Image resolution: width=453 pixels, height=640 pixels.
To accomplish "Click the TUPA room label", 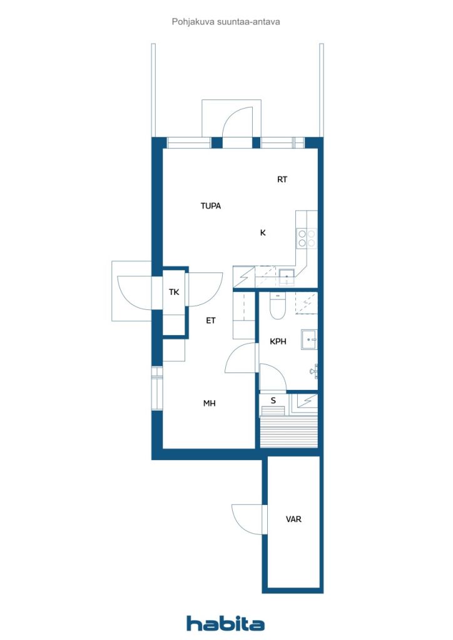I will click(211, 206).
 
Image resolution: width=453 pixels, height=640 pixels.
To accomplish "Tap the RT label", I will click(282, 179).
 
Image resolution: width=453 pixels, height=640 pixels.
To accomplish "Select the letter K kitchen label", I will click(263, 232).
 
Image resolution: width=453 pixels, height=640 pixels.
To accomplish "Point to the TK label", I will click(175, 292).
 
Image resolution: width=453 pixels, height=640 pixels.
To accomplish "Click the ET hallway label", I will click(211, 321).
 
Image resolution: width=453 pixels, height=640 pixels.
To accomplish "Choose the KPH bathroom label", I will click(278, 342).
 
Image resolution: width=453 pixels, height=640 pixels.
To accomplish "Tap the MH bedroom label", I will click(209, 404).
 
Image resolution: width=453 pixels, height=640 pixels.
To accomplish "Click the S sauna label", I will click(273, 400).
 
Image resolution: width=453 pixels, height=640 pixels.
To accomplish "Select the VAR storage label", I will click(293, 519).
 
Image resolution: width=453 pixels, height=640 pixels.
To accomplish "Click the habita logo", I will click(225, 623).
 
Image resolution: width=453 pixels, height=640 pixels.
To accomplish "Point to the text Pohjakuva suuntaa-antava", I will click(226, 21).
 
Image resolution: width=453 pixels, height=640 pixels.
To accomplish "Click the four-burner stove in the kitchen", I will click(306, 238).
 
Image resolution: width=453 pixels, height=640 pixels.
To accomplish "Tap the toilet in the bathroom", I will click(277, 306).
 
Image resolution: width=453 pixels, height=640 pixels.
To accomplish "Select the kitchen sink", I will click(287, 276).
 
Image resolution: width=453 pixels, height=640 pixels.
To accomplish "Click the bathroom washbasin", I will click(309, 339).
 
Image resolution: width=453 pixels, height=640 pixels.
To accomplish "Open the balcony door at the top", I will click(237, 125).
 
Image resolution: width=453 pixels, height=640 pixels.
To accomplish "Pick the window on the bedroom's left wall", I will click(156, 388).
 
